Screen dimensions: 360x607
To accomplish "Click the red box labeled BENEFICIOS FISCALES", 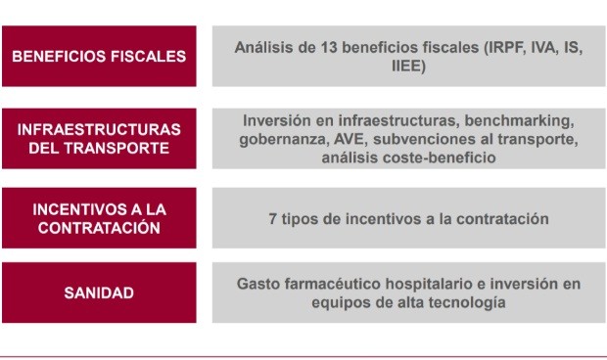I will [x=99, y=57].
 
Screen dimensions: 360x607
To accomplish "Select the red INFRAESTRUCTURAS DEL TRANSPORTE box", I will [x=99, y=138].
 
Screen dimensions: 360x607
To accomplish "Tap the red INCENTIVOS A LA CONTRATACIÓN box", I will [x=99, y=218].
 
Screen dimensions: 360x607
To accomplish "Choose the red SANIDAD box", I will [x=99, y=292].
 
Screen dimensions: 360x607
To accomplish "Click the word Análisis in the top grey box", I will [x=262, y=47].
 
